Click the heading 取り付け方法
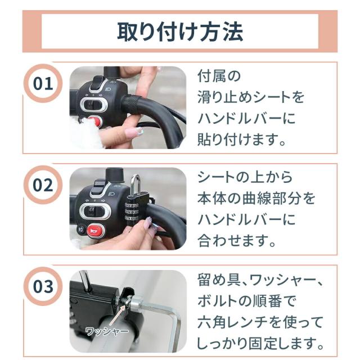[x=180, y=31]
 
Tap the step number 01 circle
[x=43, y=84]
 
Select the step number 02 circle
[x=43, y=185]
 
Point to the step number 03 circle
[x=43, y=286]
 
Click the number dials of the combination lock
[x=133, y=211]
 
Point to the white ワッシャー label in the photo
[x=107, y=331]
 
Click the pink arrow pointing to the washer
[x=118, y=314]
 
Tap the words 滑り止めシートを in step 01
[x=251, y=97]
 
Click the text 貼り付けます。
[x=242, y=139]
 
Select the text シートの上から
[x=245, y=177]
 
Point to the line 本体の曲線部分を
[x=256, y=199]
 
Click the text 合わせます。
[x=237, y=241]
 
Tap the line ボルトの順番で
[x=246, y=301]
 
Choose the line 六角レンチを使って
[x=260, y=322]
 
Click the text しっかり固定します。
[x=261, y=343]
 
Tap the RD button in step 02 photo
[x=80, y=229]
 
